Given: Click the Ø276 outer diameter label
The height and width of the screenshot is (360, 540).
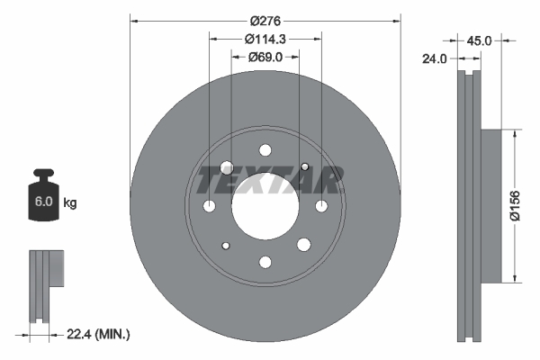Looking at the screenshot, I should point(265,19).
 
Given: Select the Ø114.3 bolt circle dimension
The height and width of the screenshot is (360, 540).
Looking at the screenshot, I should point(265,39).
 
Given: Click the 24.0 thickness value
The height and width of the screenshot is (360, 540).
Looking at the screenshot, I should point(436,59).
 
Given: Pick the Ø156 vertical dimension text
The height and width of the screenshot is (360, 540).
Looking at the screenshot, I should point(529,205).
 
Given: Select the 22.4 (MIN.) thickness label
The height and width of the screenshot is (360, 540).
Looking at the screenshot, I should point(99,334).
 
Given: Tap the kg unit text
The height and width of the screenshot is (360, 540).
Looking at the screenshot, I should point(70,203).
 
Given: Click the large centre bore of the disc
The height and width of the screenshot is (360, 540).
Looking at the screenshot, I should point(265,206).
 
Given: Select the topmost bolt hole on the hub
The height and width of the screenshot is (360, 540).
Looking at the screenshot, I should point(265,150).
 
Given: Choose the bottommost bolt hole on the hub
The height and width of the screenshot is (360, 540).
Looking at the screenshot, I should point(265,262).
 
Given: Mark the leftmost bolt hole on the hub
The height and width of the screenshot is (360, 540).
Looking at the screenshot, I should point(210,206).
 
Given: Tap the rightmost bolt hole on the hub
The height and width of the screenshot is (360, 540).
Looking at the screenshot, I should point(321,206).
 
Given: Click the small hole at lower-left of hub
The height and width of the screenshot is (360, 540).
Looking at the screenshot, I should point(226,246).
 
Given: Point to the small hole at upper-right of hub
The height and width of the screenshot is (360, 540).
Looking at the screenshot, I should point(305,166).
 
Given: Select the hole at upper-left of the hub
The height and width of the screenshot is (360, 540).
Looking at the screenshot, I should point(226,166).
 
